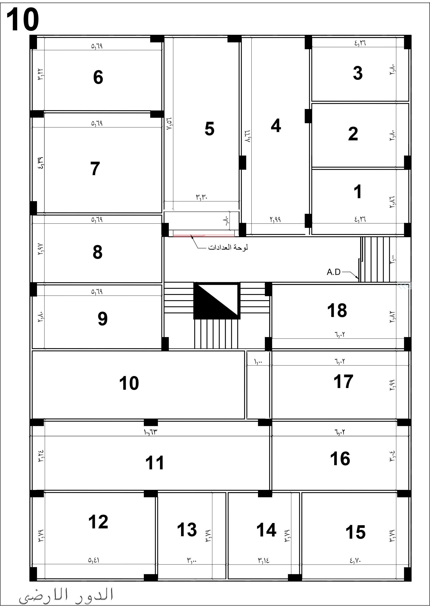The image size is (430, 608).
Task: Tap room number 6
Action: [98, 77]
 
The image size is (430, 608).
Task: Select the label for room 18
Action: [337, 310]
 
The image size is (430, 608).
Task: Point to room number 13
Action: [187, 530]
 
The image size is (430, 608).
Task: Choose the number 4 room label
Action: [276, 125]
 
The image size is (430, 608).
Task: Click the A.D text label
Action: [333, 272]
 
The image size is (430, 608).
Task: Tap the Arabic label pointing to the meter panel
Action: [228, 248]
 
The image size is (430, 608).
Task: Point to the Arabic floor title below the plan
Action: [66, 595]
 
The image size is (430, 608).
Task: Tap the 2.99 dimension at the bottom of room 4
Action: [275, 219]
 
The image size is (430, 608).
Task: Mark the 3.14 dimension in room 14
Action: [263, 560]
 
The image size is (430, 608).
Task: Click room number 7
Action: [95, 169]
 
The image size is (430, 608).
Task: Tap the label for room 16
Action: [340, 459]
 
